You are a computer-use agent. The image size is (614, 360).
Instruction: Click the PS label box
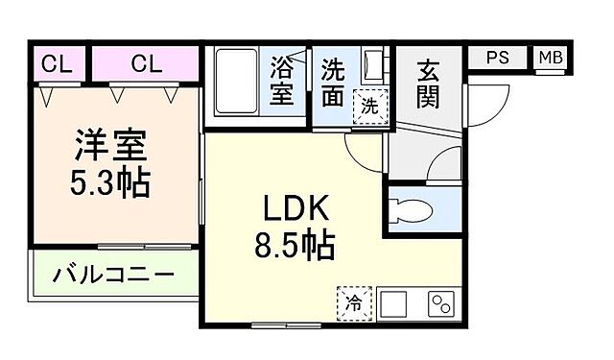point(497,57)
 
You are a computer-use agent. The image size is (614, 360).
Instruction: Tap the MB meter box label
point(551,57)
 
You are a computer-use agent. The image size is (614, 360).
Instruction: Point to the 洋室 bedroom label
point(110,147)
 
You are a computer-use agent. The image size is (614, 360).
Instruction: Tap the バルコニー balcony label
point(113,276)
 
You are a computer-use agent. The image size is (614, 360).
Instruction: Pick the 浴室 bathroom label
point(282,82)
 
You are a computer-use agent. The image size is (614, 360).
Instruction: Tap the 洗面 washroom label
point(334,82)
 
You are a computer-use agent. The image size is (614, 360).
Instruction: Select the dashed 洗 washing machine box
point(370,105)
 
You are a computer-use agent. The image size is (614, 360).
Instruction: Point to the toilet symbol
point(413,210)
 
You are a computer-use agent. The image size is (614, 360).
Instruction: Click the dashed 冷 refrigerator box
point(352,304)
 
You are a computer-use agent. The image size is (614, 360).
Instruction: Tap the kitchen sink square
point(393,304)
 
